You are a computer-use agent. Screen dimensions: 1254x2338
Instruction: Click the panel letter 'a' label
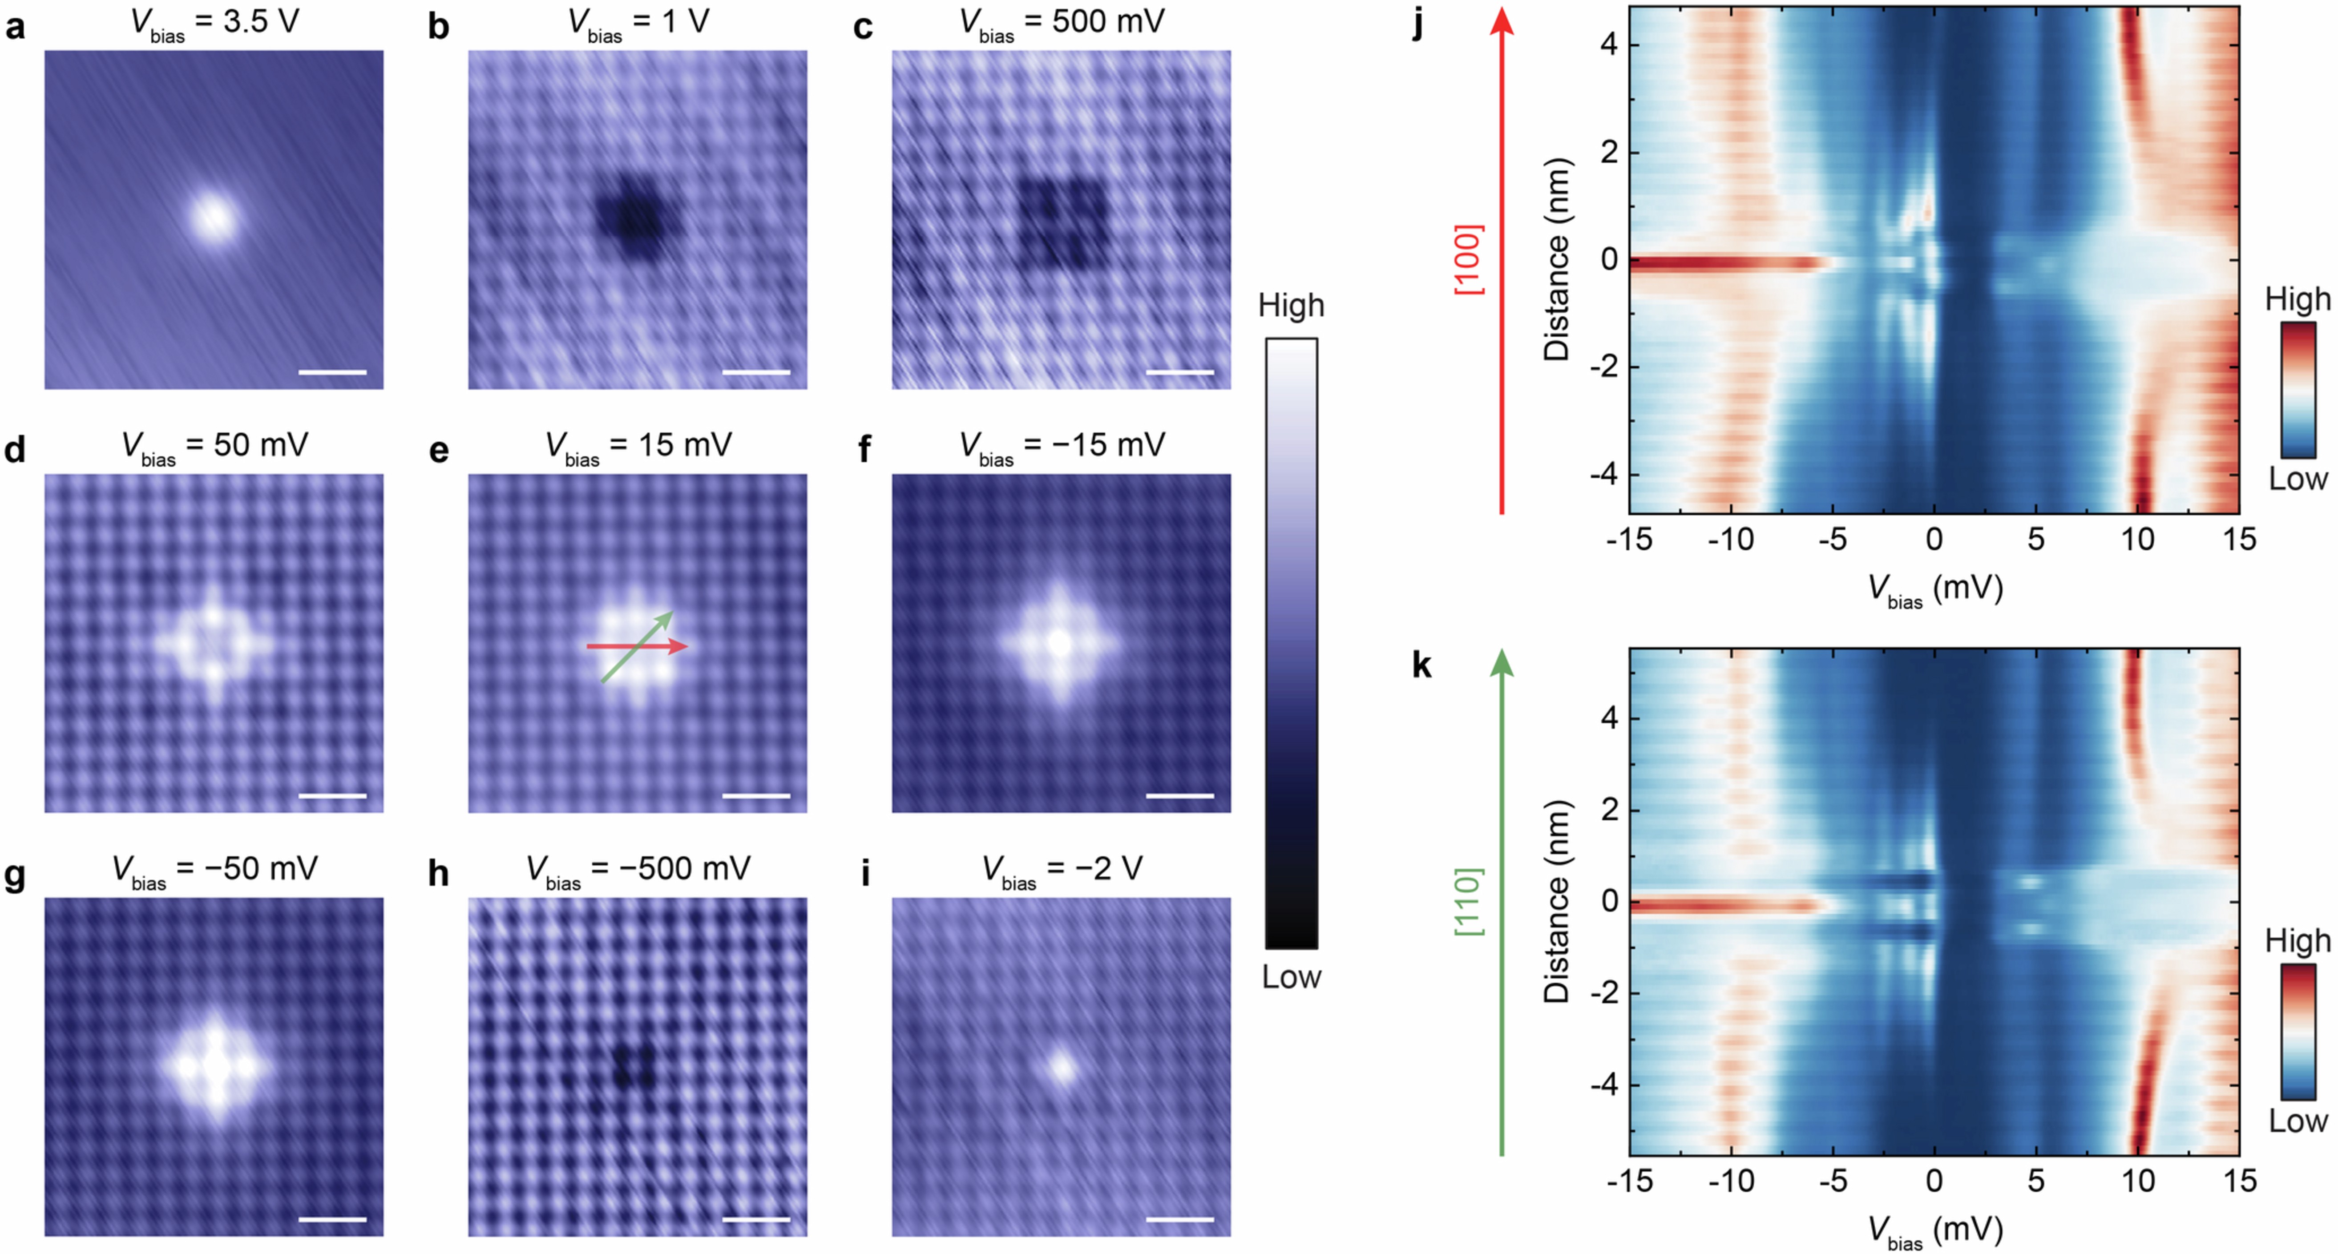pyautogui.click(x=16, y=27)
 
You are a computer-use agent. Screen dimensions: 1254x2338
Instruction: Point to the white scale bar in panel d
pyautogui.click(x=332, y=796)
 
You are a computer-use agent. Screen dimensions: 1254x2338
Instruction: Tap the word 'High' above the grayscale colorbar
pyautogui.click(x=1291, y=306)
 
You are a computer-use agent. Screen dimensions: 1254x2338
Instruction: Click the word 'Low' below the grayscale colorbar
pyautogui.click(x=1291, y=977)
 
